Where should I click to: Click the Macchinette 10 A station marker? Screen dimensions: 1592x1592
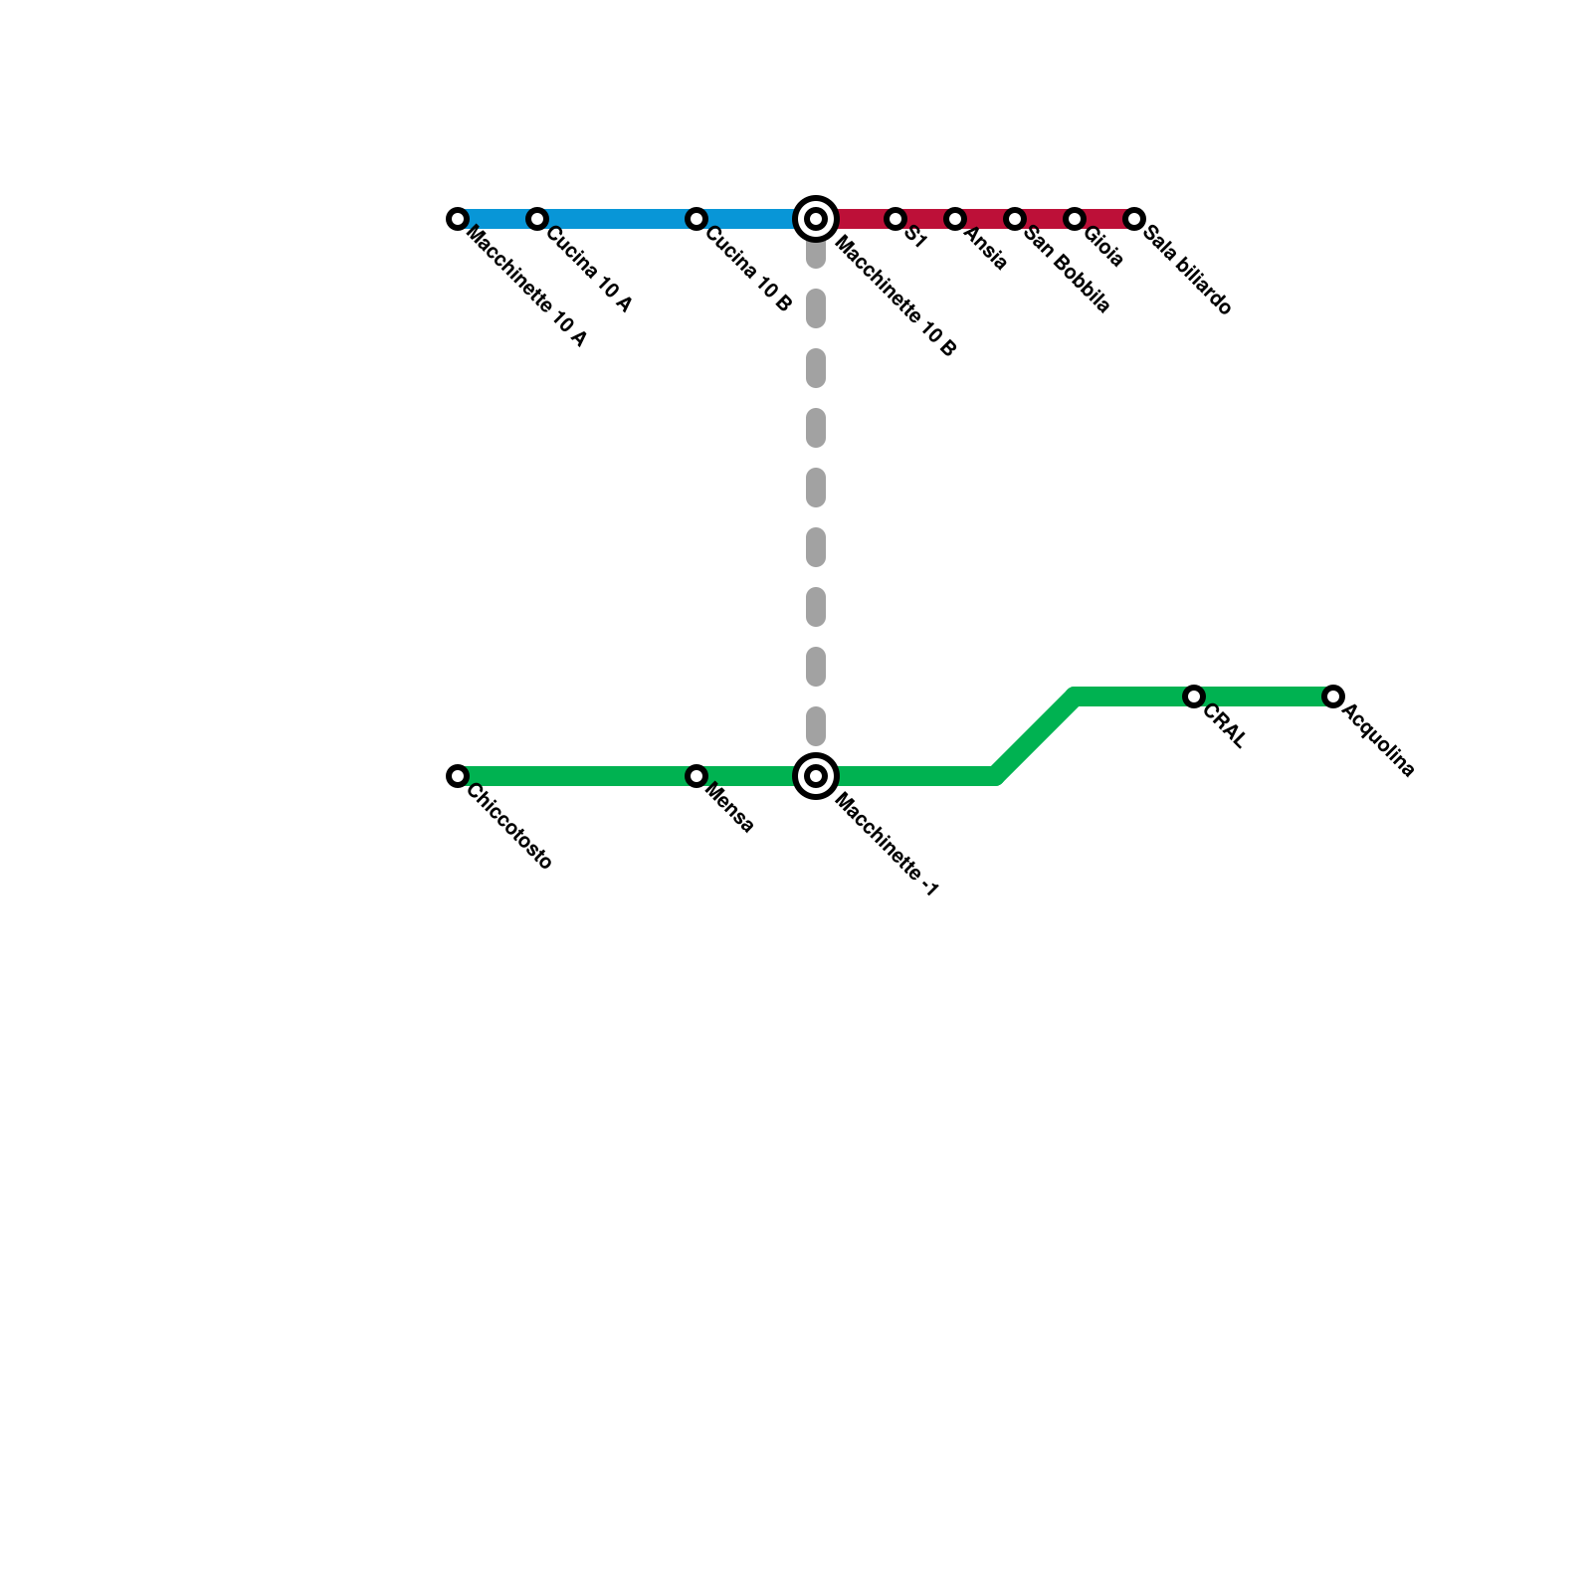pos(458,219)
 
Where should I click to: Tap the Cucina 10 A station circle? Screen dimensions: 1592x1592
pos(537,219)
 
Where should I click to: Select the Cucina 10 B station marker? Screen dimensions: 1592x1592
pos(696,219)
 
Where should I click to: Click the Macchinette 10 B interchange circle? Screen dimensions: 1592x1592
pos(816,219)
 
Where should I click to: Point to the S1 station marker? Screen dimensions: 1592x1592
pos(895,219)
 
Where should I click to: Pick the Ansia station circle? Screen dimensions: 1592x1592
pos(955,219)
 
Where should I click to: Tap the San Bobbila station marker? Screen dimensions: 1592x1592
pos(1015,219)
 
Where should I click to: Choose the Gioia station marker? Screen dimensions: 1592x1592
pos(1075,219)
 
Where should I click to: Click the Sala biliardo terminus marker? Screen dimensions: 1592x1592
pos(1134,219)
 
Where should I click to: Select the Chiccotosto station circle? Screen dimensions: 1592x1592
pos(458,776)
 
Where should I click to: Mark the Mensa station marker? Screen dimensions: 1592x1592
pos(696,776)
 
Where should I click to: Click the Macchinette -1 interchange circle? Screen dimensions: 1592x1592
pos(816,776)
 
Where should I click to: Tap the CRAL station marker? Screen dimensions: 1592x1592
pos(1194,696)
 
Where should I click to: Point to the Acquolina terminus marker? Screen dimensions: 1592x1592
pos(1333,696)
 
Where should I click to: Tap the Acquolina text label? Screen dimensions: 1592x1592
pos(1378,740)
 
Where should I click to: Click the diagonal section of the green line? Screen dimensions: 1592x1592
pos(1035,736)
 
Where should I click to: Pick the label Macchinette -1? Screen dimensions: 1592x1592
pos(886,846)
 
